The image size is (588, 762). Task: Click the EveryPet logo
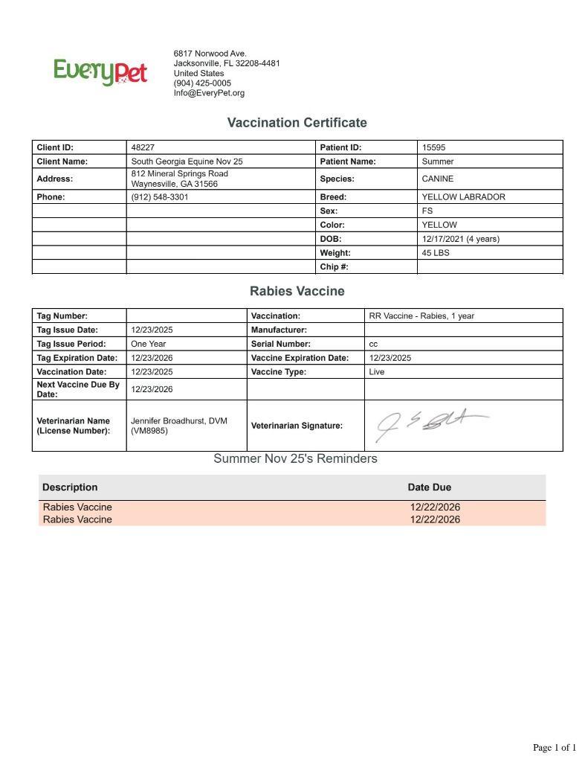click(x=100, y=72)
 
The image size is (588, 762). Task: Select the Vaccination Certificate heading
click(x=297, y=123)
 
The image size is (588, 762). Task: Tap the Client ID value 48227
click(x=143, y=147)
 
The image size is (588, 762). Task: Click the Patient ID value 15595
click(x=433, y=147)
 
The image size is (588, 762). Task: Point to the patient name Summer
click(x=437, y=161)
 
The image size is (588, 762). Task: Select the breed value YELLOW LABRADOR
click(x=463, y=197)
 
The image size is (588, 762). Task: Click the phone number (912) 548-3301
click(x=159, y=197)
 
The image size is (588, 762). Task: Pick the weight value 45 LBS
click(x=436, y=253)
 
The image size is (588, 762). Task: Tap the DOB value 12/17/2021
click(x=442, y=239)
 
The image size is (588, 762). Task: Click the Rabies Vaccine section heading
click(x=297, y=291)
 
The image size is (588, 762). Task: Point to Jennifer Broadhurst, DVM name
click(x=178, y=421)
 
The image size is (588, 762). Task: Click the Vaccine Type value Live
click(x=376, y=372)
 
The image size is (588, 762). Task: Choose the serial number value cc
click(x=373, y=345)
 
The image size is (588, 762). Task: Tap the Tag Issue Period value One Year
click(x=148, y=344)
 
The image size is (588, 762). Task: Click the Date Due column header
click(x=429, y=487)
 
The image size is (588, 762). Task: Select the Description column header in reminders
click(x=70, y=487)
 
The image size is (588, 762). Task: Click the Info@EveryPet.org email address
click(x=209, y=93)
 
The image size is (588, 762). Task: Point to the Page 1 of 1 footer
click(x=554, y=748)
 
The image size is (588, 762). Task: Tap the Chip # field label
click(x=334, y=266)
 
